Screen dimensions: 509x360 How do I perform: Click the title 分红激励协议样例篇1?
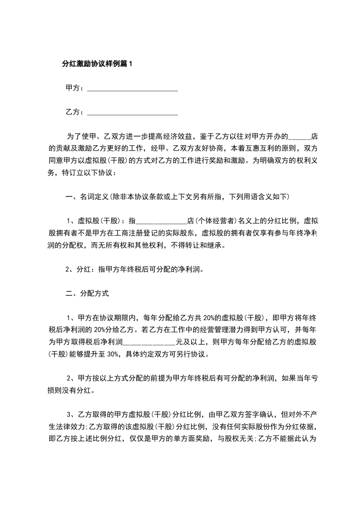(97, 64)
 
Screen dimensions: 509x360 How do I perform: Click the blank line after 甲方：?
(132, 88)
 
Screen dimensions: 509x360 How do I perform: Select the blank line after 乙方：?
(132, 112)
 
